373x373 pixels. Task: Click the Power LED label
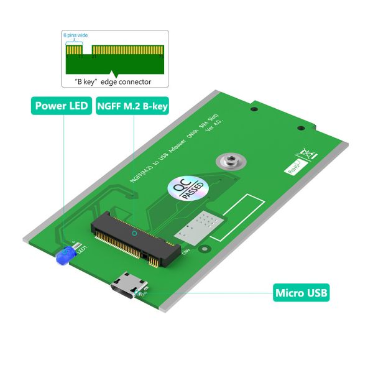coord(62,105)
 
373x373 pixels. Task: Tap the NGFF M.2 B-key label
coord(132,105)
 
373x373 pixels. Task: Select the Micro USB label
coord(301,292)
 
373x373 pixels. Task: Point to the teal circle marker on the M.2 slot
coord(136,234)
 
